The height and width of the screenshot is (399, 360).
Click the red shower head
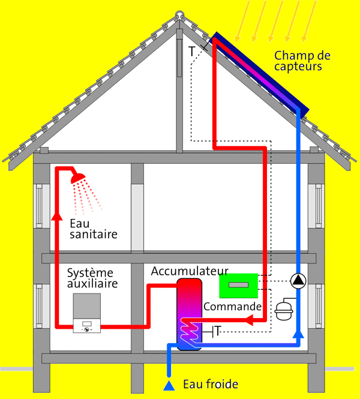pyautogui.click(x=78, y=178)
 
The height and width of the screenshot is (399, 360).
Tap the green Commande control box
pyautogui.click(x=238, y=286)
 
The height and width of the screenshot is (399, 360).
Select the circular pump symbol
pyautogui.click(x=298, y=281)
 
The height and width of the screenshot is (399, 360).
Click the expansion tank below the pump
pyautogui.click(x=284, y=311)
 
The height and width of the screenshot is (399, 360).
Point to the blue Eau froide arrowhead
pyautogui.click(x=169, y=385)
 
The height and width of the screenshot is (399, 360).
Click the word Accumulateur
pyautogui.click(x=190, y=271)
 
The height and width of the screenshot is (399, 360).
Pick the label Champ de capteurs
pyautogui.click(x=302, y=61)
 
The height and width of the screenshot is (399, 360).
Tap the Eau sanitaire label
pyautogui.click(x=94, y=229)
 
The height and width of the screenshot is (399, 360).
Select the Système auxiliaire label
pyautogui.click(x=92, y=278)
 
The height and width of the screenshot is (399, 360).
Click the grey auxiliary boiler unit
pyautogui.click(x=87, y=313)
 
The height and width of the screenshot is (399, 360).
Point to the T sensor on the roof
pyautogui.click(x=191, y=52)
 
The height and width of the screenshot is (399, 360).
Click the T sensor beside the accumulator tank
pyautogui.click(x=218, y=331)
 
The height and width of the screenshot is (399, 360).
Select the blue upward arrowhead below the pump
pyautogui.click(x=298, y=334)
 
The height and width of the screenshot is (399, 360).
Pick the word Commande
pyautogui.click(x=233, y=307)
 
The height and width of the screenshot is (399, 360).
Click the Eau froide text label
pyautogui.click(x=211, y=384)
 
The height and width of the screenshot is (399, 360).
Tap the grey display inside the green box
pyautogui.click(x=238, y=285)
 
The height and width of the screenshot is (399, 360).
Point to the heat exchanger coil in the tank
pyautogui.click(x=189, y=332)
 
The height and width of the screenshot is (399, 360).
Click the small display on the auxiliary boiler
pyautogui.click(x=87, y=323)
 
